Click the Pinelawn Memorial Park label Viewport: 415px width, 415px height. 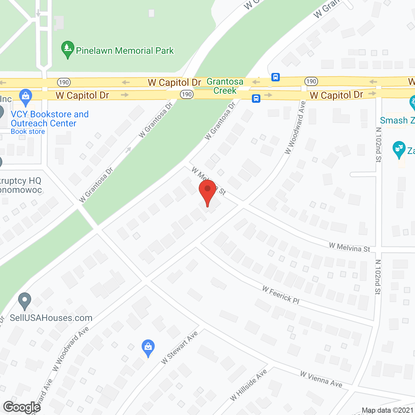click(x=125, y=51)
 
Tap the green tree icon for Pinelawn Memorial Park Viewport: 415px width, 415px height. click(x=67, y=49)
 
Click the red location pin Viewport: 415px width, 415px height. click(x=207, y=191)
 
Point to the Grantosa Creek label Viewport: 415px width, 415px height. click(x=225, y=86)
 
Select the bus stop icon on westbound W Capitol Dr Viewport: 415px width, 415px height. click(x=275, y=77)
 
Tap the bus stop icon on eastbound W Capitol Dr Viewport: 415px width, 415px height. click(x=256, y=99)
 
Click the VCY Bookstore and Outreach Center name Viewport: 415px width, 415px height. click(x=50, y=119)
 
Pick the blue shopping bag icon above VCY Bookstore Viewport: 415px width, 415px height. click(x=26, y=96)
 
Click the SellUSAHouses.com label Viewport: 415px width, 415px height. click(x=51, y=318)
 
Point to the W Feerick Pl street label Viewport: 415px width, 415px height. click(x=281, y=295)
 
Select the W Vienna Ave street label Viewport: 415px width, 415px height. click(x=321, y=379)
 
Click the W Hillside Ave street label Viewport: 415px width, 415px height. click(x=248, y=385)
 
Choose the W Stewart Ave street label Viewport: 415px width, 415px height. click(x=179, y=348)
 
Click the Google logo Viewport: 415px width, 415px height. click(x=22, y=407)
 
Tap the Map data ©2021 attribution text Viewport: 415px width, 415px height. click(x=387, y=410)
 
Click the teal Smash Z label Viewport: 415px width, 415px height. click(x=397, y=121)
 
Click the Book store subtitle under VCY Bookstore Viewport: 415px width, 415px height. click(x=28, y=132)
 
